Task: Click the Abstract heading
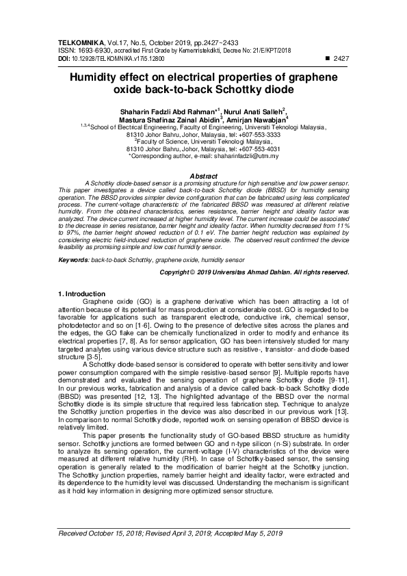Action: point(203,176)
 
